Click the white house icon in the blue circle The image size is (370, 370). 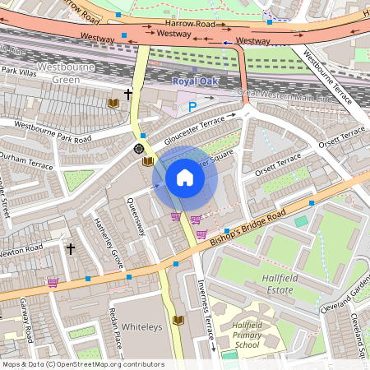click(185, 178)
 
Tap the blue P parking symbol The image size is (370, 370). click(193, 106)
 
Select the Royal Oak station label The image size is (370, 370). click(196, 81)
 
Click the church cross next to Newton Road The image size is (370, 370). click(70, 247)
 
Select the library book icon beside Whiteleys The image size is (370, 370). click(178, 320)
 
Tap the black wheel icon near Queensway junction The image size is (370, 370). click(139, 149)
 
